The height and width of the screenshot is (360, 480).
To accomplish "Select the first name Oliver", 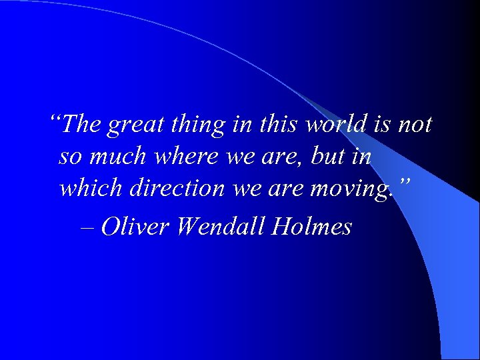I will pos(137,227).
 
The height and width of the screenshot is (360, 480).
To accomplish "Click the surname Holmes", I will pos(312,227).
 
